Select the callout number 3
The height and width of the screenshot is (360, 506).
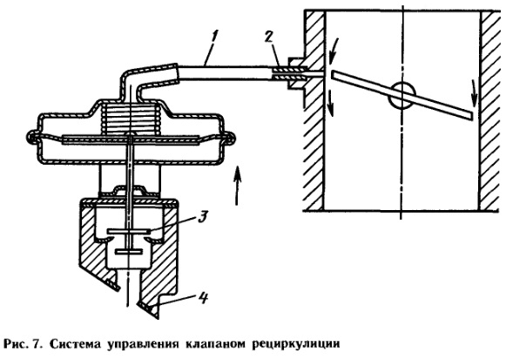pos(202,217)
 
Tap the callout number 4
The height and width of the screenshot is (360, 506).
pos(202,299)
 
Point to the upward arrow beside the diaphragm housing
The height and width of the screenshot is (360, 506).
pos(237,185)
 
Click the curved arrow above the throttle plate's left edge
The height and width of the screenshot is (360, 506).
pos(332,51)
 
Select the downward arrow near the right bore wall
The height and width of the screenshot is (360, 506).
pos(473,93)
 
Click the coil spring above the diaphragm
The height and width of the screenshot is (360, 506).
pos(131,119)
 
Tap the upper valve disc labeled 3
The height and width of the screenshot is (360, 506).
pos(129,231)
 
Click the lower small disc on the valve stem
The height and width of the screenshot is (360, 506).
pos(128,251)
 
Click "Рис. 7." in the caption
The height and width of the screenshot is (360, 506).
pos(24,344)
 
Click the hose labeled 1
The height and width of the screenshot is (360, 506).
pos(224,72)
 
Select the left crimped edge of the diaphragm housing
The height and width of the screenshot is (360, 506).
pos(31,137)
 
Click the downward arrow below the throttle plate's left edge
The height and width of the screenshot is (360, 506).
pos(331,102)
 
